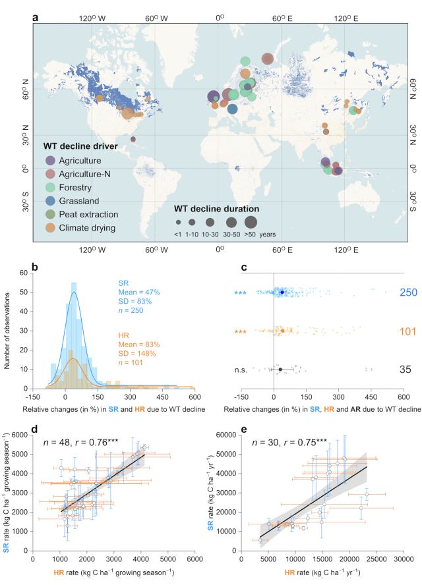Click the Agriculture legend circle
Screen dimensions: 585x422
click(x=50, y=160)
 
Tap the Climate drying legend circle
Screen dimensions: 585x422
click(x=50, y=229)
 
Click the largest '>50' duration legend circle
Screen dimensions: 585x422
click(x=251, y=222)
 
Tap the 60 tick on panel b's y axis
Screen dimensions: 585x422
click(x=41, y=271)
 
